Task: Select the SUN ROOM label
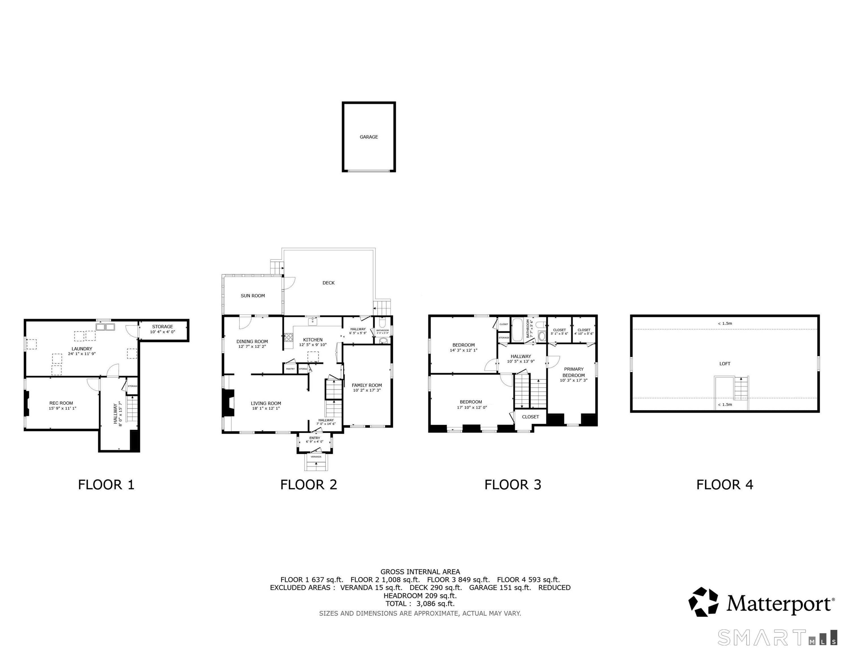[253, 296]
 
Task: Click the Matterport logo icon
[703, 602]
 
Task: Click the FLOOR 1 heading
[106, 485]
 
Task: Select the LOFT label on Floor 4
[725, 364]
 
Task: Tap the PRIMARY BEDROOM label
[573, 372]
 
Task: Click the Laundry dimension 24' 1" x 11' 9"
[82, 354]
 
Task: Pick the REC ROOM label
[61, 403]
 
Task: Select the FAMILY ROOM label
[367, 385]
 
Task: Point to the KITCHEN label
[313, 340]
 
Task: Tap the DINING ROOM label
[252, 341]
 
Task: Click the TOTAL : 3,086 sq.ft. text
[420, 604]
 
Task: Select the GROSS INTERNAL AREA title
[420, 572]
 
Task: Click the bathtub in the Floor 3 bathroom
[517, 330]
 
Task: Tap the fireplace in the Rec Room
[27, 403]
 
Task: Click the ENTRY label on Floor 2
[314, 438]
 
